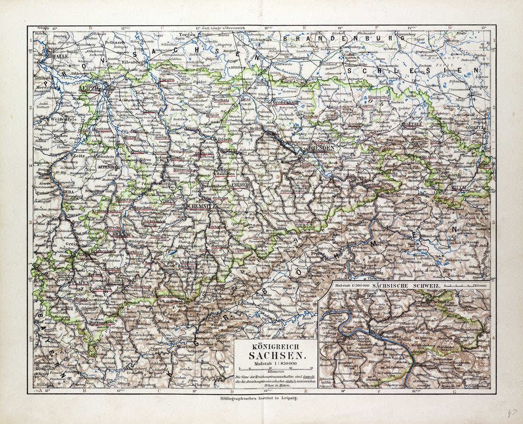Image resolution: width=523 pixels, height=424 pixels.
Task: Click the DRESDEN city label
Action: [322, 148]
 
